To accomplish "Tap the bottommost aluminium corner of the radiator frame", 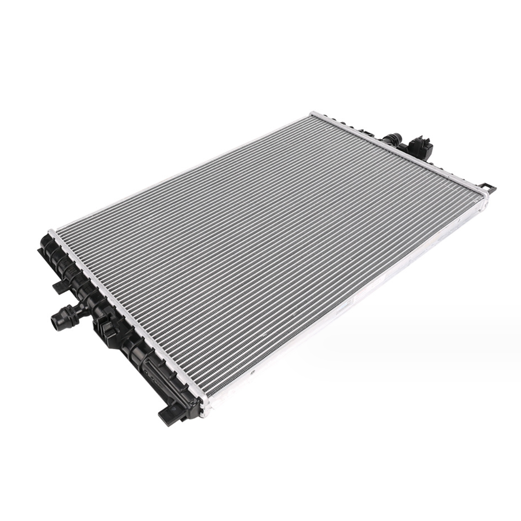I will point(204,413).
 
